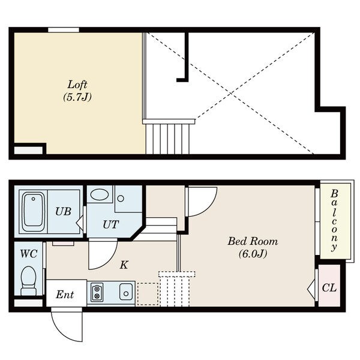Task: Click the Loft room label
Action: pyautogui.click(x=77, y=85)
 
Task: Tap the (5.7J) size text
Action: pyautogui.click(x=77, y=97)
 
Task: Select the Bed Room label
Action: pyautogui.click(x=253, y=241)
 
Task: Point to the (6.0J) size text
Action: pyautogui.click(x=253, y=254)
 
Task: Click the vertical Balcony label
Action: pyautogui.click(x=334, y=220)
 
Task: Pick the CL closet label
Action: pyautogui.click(x=329, y=287)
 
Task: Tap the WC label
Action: pyautogui.click(x=29, y=254)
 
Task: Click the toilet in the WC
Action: pyautogui.click(x=29, y=281)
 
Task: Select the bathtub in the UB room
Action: pyautogui.click(x=34, y=211)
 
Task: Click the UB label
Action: pyautogui.click(x=64, y=211)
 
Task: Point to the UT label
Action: pyautogui.click(x=111, y=224)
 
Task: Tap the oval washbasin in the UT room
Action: pyautogui.click(x=100, y=194)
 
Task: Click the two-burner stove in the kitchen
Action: pyautogui.click(x=97, y=292)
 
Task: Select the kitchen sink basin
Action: pyautogui.click(x=126, y=292)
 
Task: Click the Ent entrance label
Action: pyautogui.click(x=65, y=295)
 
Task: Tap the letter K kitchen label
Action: pyautogui.click(x=124, y=265)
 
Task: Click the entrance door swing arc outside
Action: pyautogui.click(x=62, y=331)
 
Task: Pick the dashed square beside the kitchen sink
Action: pyautogui.click(x=148, y=294)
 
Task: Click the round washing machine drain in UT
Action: pyautogui.click(x=121, y=199)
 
